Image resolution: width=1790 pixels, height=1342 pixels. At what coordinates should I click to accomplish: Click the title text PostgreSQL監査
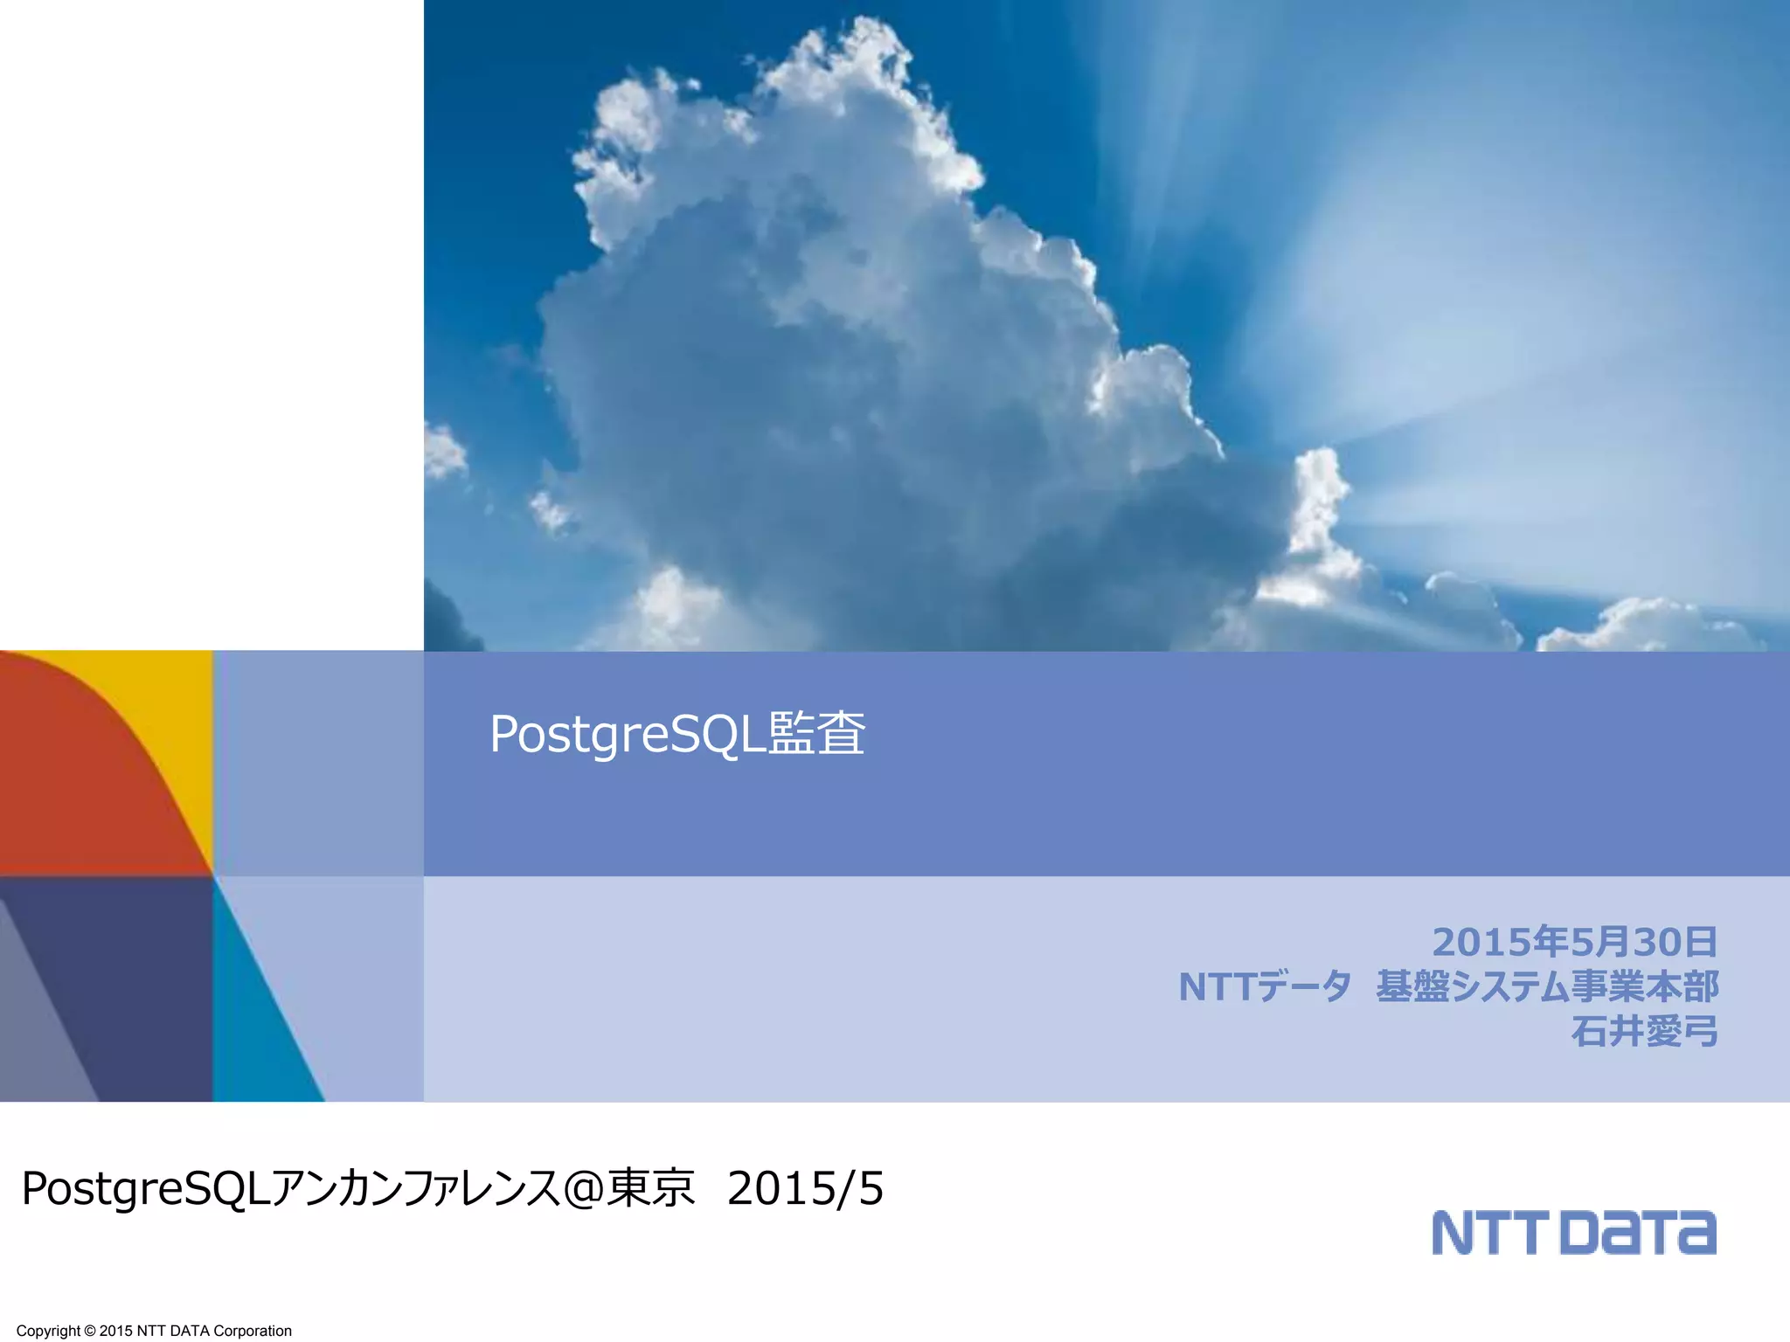click(x=677, y=734)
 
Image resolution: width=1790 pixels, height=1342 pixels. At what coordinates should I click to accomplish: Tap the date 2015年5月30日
click(x=1574, y=942)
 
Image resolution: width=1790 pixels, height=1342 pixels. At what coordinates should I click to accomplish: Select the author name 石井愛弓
click(x=1644, y=1031)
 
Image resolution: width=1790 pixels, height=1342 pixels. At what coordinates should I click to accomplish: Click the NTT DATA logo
click(x=1573, y=1232)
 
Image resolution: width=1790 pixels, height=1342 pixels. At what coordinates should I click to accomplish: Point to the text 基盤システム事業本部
click(x=1547, y=986)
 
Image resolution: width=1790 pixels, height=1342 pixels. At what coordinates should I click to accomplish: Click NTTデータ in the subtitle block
click(x=1265, y=986)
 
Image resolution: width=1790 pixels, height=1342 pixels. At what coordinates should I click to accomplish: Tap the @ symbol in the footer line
click(x=583, y=1189)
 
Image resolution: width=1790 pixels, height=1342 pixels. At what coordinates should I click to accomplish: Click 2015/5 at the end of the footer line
click(x=805, y=1189)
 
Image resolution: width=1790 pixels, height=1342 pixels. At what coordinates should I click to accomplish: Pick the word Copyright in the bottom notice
click(x=48, y=1331)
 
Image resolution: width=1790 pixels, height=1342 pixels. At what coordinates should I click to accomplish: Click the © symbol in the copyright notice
click(x=89, y=1331)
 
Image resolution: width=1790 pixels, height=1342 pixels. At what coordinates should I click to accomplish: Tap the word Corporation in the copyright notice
click(x=253, y=1331)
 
